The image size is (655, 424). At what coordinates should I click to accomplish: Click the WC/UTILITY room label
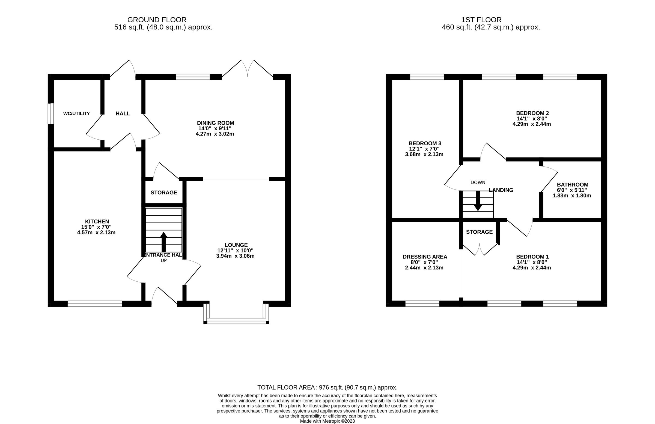click(76, 113)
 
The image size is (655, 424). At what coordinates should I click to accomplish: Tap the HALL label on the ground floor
click(123, 113)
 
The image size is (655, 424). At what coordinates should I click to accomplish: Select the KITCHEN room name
click(97, 221)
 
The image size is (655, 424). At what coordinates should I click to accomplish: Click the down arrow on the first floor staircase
click(478, 201)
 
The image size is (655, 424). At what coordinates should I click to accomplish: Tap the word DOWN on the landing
click(478, 182)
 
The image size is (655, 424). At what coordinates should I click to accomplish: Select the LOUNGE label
click(236, 245)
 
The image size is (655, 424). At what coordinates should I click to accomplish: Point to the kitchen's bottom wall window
click(95, 303)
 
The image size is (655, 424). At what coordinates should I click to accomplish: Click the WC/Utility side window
click(51, 113)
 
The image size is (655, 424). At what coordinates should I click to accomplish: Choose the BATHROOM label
click(572, 185)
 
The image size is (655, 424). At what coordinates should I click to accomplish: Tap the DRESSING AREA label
click(425, 257)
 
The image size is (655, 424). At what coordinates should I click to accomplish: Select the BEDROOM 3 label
click(425, 143)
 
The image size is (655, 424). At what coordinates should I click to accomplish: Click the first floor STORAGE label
click(479, 232)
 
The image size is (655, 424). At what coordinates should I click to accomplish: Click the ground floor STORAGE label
click(164, 193)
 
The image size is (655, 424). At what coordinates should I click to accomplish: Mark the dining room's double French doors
click(248, 69)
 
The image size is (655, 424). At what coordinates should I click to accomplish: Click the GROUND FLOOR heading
click(157, 20)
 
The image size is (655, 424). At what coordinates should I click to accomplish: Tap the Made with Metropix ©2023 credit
click(327, 421)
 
